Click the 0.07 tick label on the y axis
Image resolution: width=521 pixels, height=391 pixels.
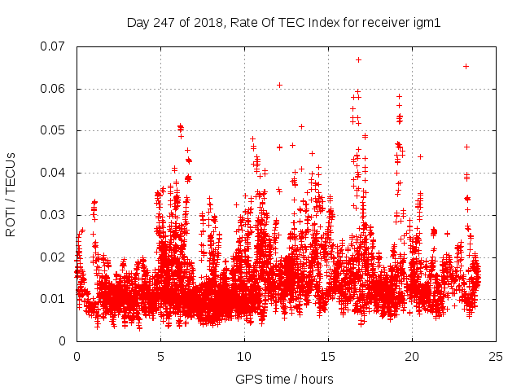coord(55,46)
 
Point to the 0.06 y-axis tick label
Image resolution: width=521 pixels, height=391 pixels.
coord(55,89)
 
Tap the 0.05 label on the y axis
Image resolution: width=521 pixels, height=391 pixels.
coord(55,130)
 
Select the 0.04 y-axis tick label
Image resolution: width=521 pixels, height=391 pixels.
coord(55,173)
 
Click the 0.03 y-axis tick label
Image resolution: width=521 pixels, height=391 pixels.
coord(55,215)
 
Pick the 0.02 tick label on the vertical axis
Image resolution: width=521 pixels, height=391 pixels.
coord(55,257)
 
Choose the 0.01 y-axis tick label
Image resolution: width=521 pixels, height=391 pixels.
coord(55,299)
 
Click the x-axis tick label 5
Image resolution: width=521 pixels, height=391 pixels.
coord(160,356)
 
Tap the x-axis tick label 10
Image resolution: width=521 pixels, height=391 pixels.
coord(244,356)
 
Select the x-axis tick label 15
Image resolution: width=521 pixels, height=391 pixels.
coord(328,356)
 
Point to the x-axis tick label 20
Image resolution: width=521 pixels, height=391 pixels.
coord(412,356)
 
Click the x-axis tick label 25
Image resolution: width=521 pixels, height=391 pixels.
coord(496,356)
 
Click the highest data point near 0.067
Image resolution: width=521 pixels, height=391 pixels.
coord(358,59)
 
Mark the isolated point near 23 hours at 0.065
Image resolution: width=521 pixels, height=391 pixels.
coord(466,66)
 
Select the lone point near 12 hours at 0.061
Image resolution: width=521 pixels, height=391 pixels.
coord(279,85)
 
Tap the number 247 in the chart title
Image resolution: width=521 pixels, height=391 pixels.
coord(165,23)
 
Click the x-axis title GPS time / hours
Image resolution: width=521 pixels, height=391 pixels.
coord(285,379)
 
